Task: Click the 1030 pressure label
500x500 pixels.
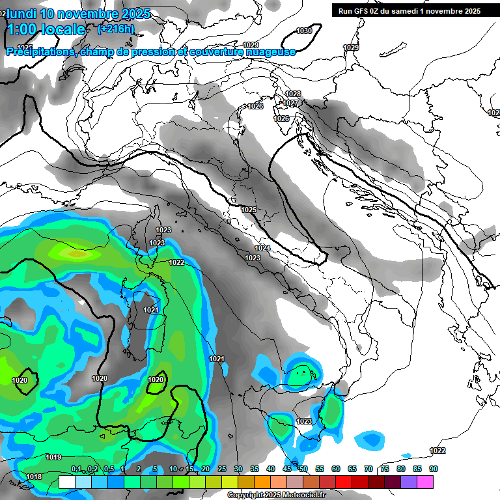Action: (x=304, y=31)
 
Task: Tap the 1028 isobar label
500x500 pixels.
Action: (x=294, y=94)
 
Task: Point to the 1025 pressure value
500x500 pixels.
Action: (x=249, y=210)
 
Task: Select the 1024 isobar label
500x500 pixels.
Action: (x=262, y=248)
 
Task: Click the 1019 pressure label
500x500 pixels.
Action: (x=54, y=457)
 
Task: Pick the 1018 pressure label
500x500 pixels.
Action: (x=34, y=477)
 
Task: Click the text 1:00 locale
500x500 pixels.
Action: (x=46, y=29)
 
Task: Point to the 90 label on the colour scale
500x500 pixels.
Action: (x=434, y=469)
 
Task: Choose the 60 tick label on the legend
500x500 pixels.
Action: (x=336, y=469)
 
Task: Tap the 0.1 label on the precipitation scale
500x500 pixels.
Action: (x=76, y=469)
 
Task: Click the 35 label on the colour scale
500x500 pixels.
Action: (x=255, y=469)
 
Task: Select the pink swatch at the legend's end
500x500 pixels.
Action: (x=425, y=482)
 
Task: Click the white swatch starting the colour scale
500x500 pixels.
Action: (x=66, y=482)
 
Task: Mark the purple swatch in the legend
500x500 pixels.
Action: (x=409, y=482)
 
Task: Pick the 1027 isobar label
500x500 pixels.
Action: (x=291, y=104)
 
